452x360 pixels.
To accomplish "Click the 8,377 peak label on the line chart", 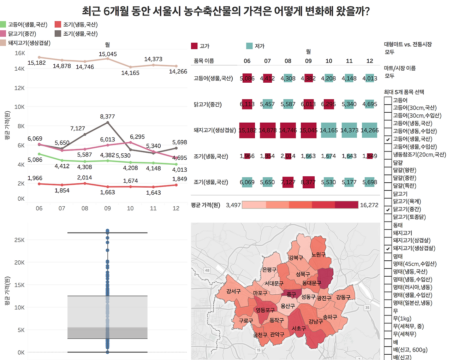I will click(x=107, y=117).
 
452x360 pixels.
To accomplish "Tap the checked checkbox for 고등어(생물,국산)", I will click(x=388, y=139).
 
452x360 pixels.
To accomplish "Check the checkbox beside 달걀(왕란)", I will click(x=388, y=170).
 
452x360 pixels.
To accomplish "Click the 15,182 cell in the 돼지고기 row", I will click(x=247, y=130).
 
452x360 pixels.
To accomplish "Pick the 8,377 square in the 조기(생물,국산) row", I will click(x=308, y=182).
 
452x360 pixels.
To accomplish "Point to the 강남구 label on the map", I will click(x=315, y=321).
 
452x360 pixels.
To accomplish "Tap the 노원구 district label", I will click(x=318, y=255).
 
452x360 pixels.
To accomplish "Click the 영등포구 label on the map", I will click(x=265, y=310).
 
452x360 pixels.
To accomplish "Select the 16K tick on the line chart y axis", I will click(x=20, y=53).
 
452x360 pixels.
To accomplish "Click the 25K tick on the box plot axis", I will click(x=19, y=240).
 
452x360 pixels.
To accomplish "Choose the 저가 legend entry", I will click(x=259, y=46).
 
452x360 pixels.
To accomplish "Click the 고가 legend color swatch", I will click(x=194, y=46).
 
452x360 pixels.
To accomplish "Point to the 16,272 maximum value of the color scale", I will click(x=369, y=205).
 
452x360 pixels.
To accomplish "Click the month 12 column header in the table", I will click(x=369, y=61).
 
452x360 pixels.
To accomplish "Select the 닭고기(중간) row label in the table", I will click(x=208, y=105).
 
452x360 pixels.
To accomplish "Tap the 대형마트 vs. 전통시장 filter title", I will click(x=408, y=45).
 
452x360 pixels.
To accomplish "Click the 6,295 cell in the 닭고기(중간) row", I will click(x=328, y=104).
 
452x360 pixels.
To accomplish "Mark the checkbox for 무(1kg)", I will click(x=388, y=319).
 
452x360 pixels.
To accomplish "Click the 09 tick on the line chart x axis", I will click(x=107, y=208).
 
